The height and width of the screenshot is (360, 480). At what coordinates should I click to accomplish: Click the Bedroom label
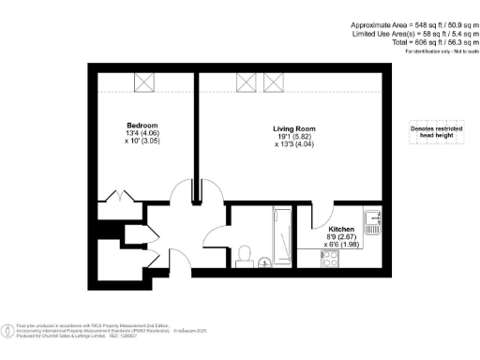(142, 125)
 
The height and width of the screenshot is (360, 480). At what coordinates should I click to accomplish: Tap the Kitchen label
(339, 229)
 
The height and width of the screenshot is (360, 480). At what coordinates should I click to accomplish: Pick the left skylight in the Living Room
(248, 83)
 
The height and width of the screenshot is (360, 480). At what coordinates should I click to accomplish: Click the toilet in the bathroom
(246, 254)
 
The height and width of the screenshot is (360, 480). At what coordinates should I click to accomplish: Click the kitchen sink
(373, 221)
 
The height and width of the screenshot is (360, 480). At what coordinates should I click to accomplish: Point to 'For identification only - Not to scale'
(437, 51)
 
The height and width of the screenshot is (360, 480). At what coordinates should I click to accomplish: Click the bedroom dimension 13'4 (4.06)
(142, 134)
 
